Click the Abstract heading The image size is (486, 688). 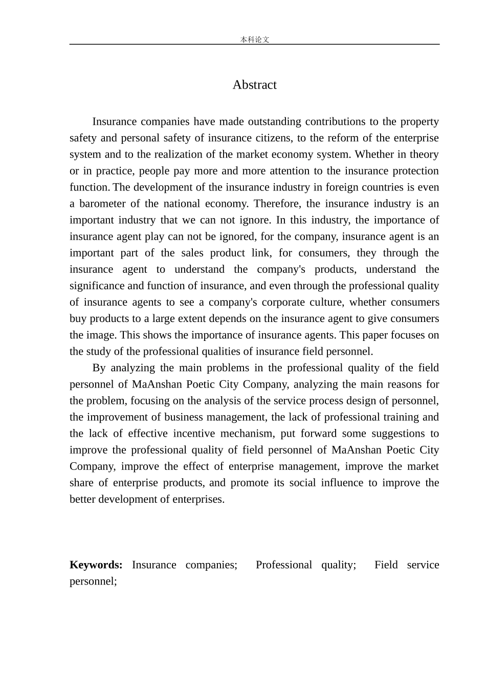254,84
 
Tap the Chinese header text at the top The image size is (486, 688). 254,39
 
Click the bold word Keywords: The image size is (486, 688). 96,565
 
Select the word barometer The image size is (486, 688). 106,203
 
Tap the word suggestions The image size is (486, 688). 398,433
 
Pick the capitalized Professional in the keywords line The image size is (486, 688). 283,565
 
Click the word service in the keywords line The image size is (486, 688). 423,565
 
